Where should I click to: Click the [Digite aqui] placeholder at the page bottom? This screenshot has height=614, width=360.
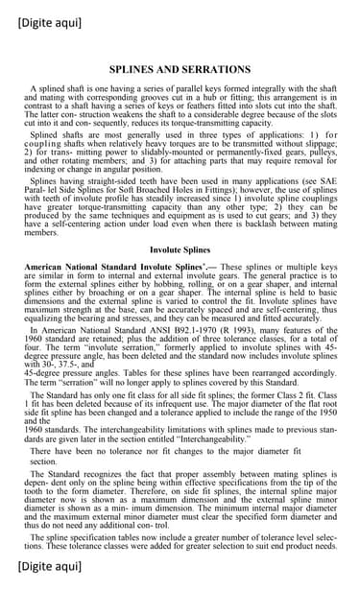[49, 594]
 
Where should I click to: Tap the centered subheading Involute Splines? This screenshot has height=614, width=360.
[180, 248]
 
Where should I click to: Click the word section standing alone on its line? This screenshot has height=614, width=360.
[44, 460]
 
